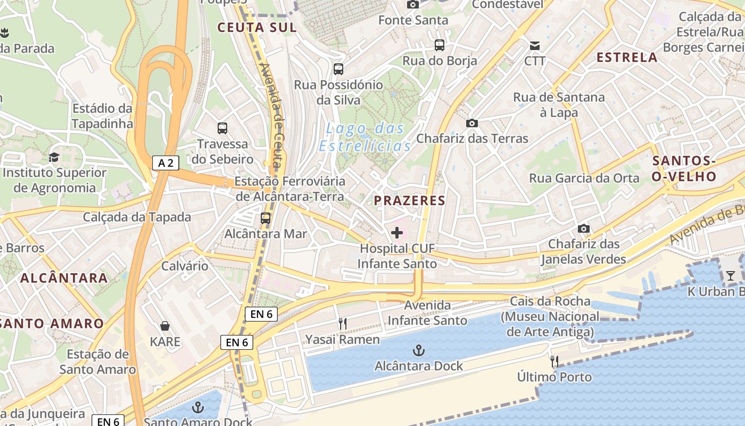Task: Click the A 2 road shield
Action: pyautogui.click(x=166, y=163)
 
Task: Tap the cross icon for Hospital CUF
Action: pyautogui.click(x=397, y=233)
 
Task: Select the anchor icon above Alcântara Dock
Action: pyautogui.click(x=419, y=350)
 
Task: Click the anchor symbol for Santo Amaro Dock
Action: pyautogui.click(x=198, y=408)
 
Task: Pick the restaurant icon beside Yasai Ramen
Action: pyautogui.click(x=343, y=323)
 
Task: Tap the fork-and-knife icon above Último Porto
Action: pyautogui.click(x=554, y=362)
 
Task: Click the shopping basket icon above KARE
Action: pyautogui.click(x=165, y=326)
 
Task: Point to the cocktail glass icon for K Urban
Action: pyautogui.click(x=730, y=275)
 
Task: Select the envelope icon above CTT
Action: pyautogui.click(x=535, y=45)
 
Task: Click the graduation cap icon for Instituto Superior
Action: pyautogui.click(x=54, y=157)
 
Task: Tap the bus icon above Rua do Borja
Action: pyautogui.click(x=440, y=45)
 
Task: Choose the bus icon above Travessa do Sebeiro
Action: pyautogui.click(x=222, y=128)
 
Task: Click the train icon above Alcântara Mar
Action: pyautogui.click(x=266, y=218)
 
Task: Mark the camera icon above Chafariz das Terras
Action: pyautogui.click(x=471, y=123)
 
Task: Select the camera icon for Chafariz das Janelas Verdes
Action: pyautogui.click(x=584, y=228)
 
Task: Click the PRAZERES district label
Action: pyautogui.click(x=409, y=201)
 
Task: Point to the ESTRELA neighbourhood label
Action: pyautogui.click(x=627, y=58)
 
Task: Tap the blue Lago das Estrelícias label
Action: pyautogui.click(x=365, y=137)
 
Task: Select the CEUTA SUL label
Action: pyautogui.click(x=256, y=27)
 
